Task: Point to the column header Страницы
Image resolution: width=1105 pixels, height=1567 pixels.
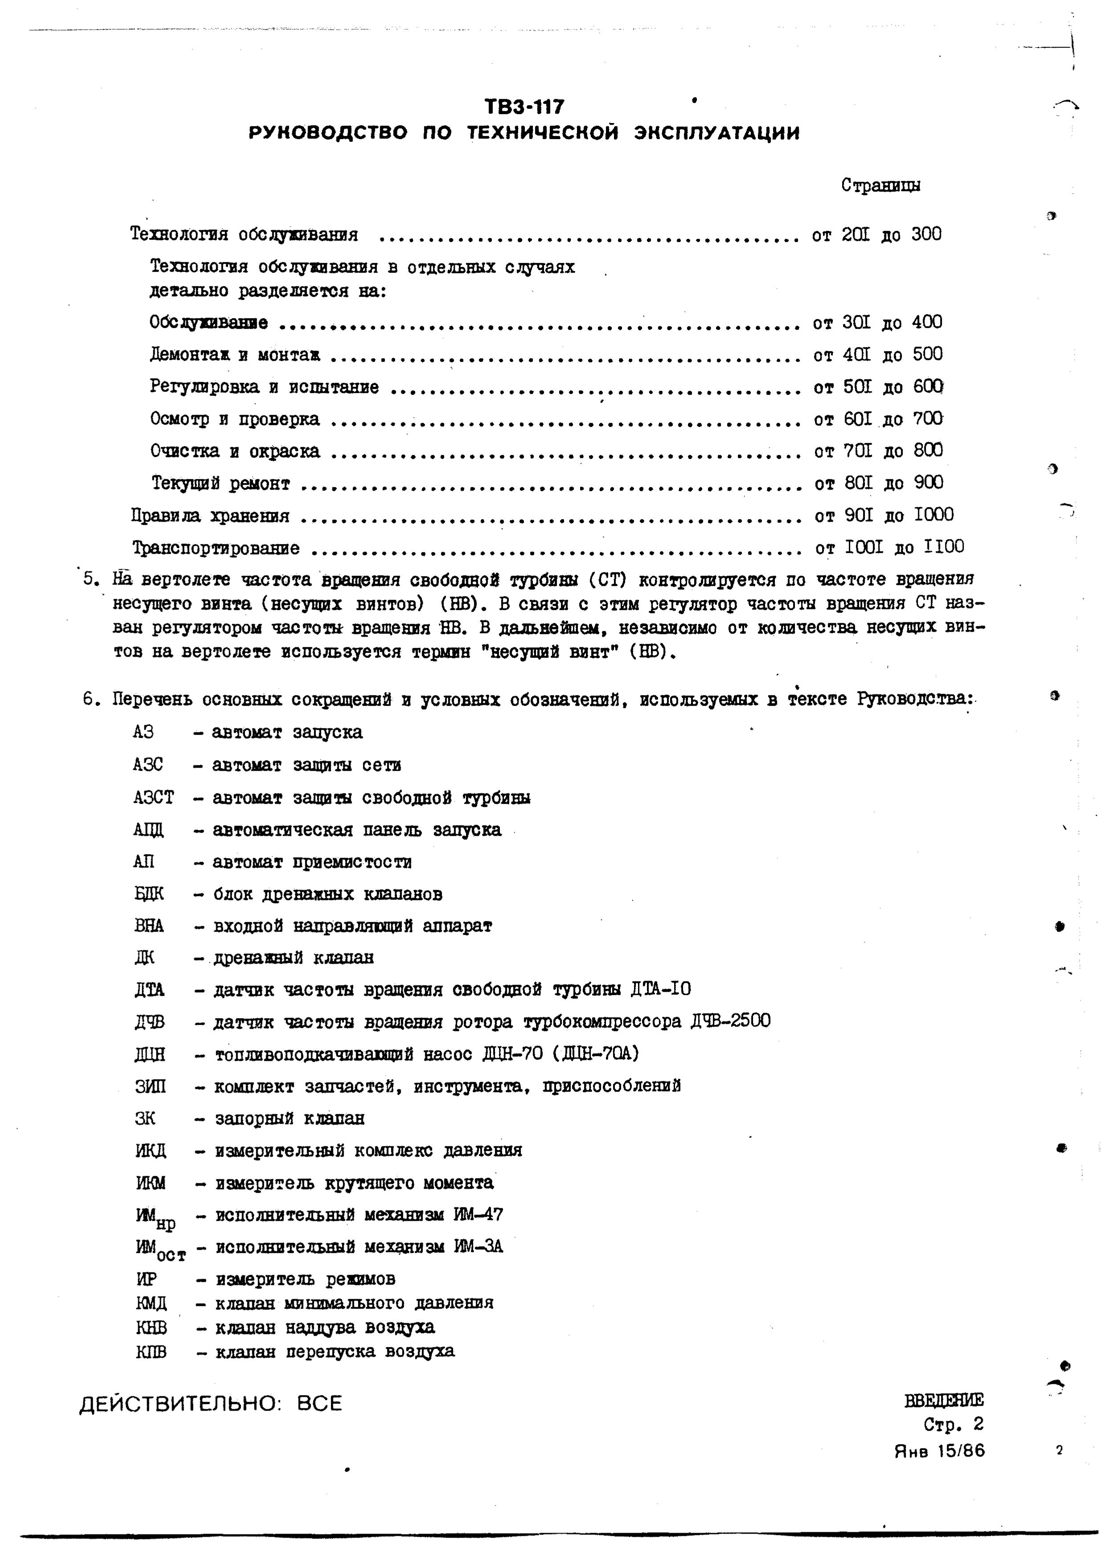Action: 880,186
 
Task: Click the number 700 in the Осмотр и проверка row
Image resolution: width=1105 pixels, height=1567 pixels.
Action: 928,418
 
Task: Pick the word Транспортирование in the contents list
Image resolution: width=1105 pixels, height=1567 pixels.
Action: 216,548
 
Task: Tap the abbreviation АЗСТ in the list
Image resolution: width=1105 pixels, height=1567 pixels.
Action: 154,797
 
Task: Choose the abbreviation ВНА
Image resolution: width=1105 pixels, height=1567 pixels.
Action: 149,925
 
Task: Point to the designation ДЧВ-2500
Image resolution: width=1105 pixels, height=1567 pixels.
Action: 730,1021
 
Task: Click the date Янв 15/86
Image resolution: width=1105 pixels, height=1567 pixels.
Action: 939,1450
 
